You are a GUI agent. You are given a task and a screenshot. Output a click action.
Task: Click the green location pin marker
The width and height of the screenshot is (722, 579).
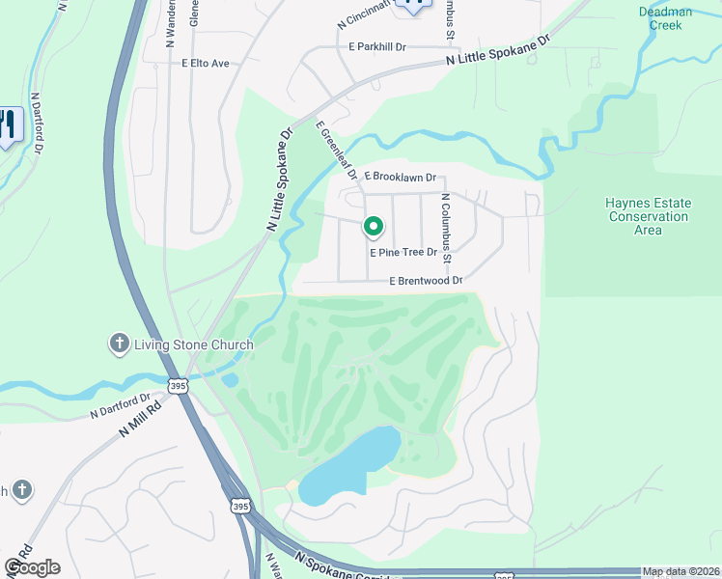pyautogui.click(x=374, y=227)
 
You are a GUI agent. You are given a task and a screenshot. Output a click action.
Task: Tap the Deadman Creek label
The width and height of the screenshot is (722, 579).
pyautogui.click(x=660, y=18)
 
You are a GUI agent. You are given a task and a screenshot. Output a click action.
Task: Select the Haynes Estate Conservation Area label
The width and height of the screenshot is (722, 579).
pyautogui.click(x=648, y=216)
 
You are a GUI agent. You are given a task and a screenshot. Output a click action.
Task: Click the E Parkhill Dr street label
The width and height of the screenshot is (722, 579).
pyautogui.click(x=377, y=46)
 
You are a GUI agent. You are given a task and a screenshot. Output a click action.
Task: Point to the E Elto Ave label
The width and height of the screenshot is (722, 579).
pyautogui.click(x=206, y=64)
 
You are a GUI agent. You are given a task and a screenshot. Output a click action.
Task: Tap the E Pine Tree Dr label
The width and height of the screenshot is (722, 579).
pyautogui.click(x=410, y=252)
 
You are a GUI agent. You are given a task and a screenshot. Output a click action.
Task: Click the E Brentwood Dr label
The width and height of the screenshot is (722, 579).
pyautogui.click(x=426, y=281)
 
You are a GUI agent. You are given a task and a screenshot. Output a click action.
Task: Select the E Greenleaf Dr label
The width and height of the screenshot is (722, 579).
pyautogui.click(x=337, y=150)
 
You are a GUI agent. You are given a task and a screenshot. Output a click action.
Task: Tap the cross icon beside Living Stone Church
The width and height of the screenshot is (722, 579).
pyautogui.click(x=118, y=344)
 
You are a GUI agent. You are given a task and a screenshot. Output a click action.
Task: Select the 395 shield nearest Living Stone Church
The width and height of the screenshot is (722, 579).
pyautogui.click(x=178, y=385)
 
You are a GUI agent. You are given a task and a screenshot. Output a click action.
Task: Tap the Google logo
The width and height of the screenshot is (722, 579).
pyautogui.click(x=32, y=566)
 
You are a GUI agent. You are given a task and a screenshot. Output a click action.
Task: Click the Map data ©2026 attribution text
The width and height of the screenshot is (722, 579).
pyautogui.click(x=680, y=571)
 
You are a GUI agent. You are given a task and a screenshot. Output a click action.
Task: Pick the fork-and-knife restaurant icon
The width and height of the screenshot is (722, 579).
pyautogui.click(x=8, y=124)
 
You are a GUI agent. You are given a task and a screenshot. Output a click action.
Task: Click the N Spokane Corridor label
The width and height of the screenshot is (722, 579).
pyautogui.click(x=339, y=566)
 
